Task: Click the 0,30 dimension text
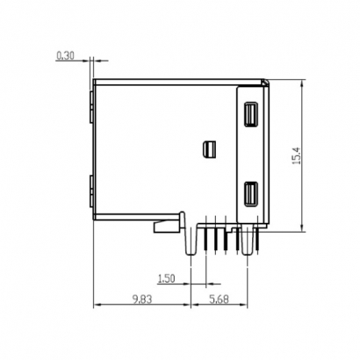pyautogui.click(x=65, y=55)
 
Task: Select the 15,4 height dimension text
pyautogui.click(x=296, y=155)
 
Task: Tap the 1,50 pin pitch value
pyautogui.click(x=164, y=279)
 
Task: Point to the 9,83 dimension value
pyautogui.click(x=140, y=299)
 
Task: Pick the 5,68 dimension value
pyautogui.click(x=220, y=299)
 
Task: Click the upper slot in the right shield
pyautogui.click(x=250, y=115)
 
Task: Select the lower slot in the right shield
pyautogui.click(x=250, y=194)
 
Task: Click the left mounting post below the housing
pyautogui.click(x=191, y=241)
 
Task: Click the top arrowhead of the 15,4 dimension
pyautogui.click(x=303, y=84)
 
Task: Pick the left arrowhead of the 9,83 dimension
pyautogui.click(x=97, y=306)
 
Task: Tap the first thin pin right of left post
pyautogui.click(x=205, y=239)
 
